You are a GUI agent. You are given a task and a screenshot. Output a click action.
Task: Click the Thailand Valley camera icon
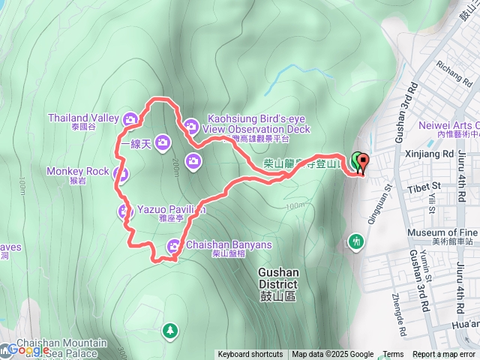[x=130, y=118]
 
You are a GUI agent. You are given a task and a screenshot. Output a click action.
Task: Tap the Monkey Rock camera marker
[x=121, y=175]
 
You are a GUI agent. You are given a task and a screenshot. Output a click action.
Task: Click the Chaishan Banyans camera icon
[x=174, y=245]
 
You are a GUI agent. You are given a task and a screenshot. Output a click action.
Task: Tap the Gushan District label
[x=278, y=278]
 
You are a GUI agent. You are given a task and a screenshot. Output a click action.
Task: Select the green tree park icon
[x=171, y=330]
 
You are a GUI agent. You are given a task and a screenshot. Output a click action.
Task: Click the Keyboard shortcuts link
[x=250, y=355]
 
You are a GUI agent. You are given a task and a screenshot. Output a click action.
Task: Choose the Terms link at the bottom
[x=393, y=355]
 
